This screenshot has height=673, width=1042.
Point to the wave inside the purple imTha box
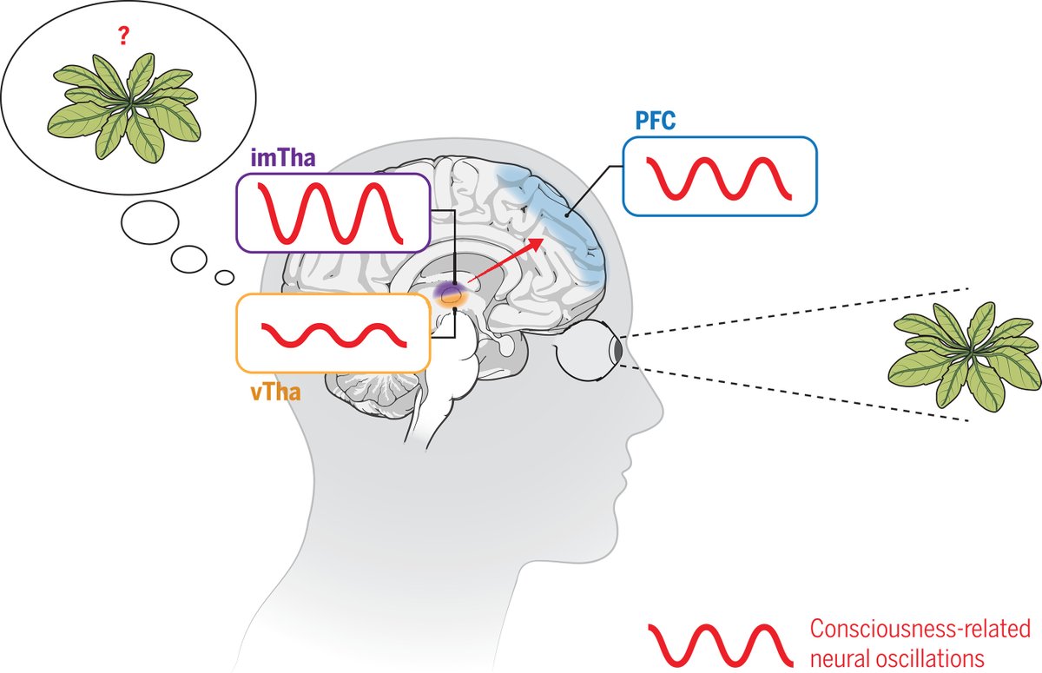point(333,213)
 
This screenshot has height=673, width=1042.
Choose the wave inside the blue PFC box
point(720,177)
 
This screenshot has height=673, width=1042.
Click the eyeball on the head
point(590,349)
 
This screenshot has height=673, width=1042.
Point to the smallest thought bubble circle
point(224,277)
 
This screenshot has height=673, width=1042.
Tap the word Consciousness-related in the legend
point(919,627)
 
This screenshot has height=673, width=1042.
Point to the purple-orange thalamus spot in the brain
point(452,295)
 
